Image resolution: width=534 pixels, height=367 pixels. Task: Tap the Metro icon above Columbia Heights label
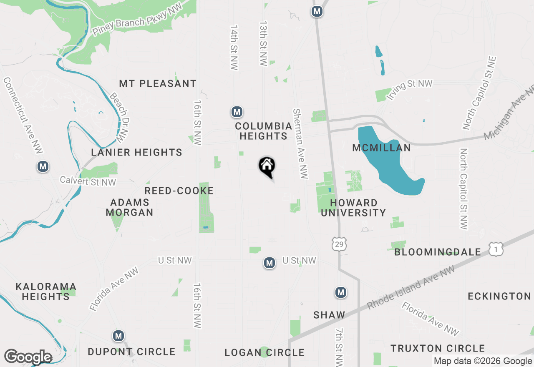(237, 112)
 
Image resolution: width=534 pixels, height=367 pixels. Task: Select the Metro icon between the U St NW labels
(270, 263)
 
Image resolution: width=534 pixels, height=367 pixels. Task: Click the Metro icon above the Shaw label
(341, 292)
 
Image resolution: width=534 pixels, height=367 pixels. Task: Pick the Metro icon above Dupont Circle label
(118, 336)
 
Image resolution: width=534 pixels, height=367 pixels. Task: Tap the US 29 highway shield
(339, 244)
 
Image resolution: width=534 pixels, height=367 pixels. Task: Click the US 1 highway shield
(496, 249)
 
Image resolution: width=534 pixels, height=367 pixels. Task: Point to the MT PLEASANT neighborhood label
(158, 83)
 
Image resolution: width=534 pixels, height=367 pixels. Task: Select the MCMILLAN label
(381, 148)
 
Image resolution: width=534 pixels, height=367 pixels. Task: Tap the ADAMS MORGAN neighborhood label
(129, 207)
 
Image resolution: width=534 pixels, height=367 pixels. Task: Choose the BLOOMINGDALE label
(438, 252)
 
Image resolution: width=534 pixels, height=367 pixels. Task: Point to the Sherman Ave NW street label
(300, 144)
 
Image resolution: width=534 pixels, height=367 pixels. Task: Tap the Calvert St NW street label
(88, 181)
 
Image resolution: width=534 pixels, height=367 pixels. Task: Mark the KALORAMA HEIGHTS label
(46, 292)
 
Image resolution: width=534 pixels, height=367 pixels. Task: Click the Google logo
(28, 357)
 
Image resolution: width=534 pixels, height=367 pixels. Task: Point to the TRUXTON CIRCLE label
(438, 348)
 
